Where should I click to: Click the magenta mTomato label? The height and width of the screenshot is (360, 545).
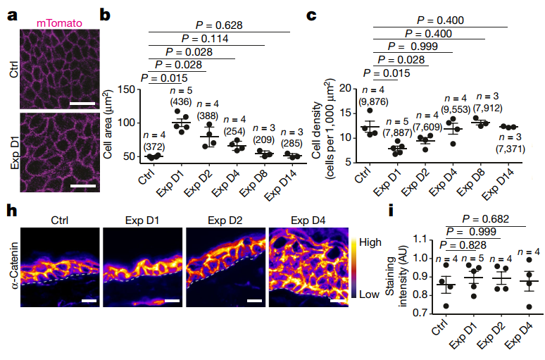[59, 23]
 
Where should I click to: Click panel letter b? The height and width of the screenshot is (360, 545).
[106, 13]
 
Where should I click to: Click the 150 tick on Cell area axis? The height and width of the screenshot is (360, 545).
[125, 89]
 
